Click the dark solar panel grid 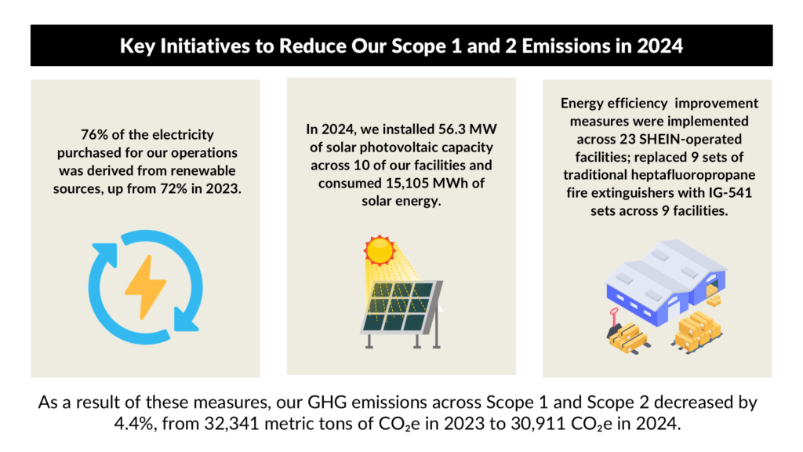(x=396, y=306)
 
